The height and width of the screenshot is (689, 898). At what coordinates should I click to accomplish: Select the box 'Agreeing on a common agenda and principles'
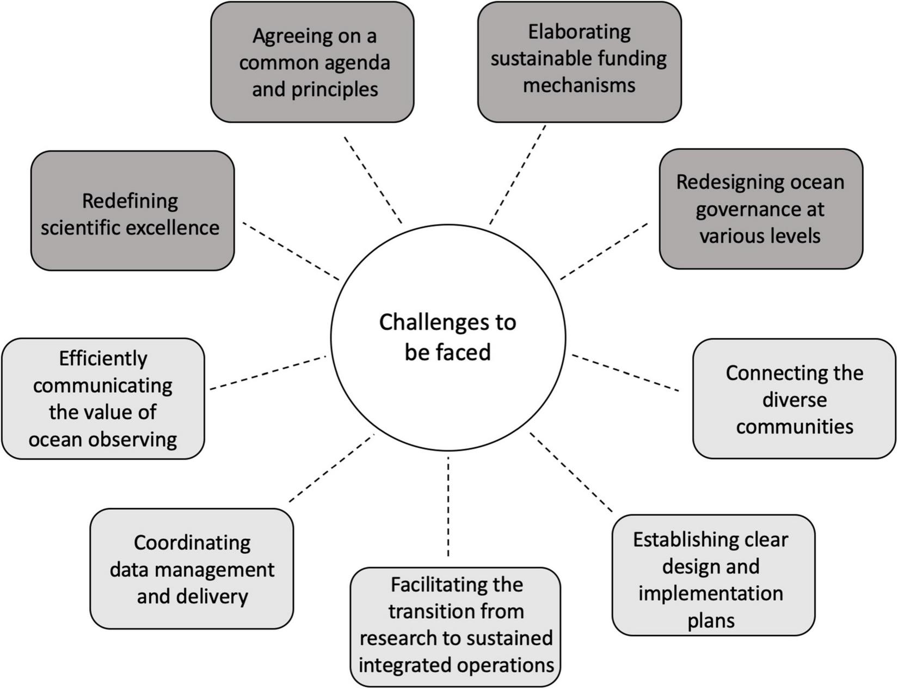312,62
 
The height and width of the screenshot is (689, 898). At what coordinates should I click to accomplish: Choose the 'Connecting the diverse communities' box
794,399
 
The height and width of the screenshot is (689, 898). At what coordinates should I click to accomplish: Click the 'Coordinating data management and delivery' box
192,569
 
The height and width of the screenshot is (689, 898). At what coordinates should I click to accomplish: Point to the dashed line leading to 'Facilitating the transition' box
448,507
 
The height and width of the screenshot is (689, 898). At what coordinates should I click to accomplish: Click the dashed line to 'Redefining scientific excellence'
291,251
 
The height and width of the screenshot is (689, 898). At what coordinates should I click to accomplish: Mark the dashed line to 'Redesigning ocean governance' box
604,252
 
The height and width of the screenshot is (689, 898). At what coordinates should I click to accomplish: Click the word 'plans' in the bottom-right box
711,620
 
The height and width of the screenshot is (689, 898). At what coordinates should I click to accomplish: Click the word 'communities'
794,426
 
